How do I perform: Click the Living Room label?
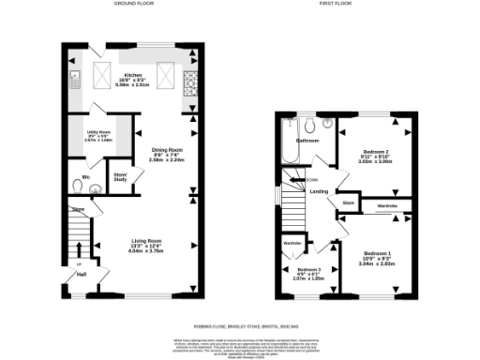pyautogui.click(x=145, y=247)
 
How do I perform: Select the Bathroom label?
pyautogui.click(x=307, y=141)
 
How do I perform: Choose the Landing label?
pyautogui.click(x=319, y=192)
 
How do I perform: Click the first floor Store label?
pyautogui.click(x=348, y=202)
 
